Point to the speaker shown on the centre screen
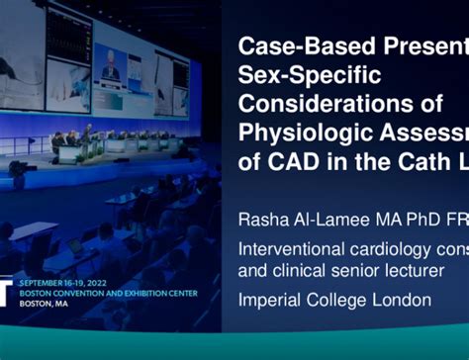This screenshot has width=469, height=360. [112, 71]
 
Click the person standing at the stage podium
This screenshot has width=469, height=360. [87, 132]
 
